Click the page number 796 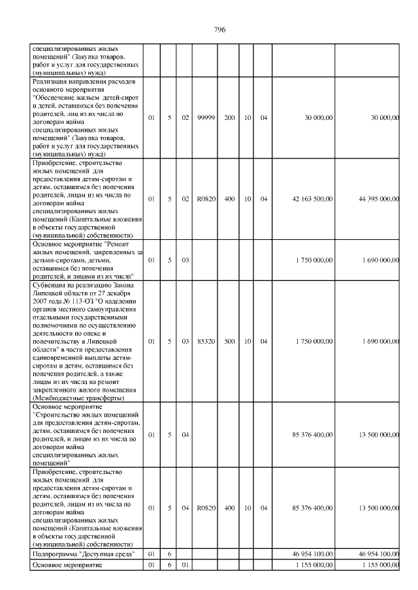(219, 30)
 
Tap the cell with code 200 (229, 117)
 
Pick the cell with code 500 (229, 341)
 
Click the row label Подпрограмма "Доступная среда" (83, 553)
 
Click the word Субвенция (50, 284)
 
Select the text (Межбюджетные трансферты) (78, 398)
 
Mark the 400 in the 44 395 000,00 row (229, 199)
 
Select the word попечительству (59, 341)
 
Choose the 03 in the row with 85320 (185, 341)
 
